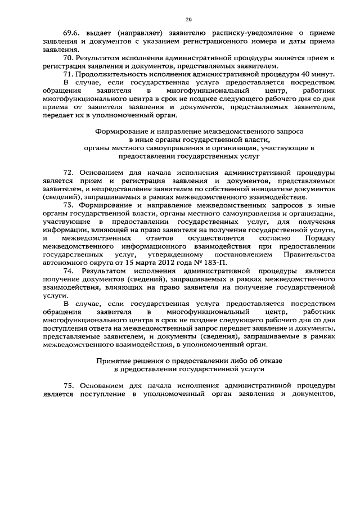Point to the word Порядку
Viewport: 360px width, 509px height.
coord(321,238)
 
